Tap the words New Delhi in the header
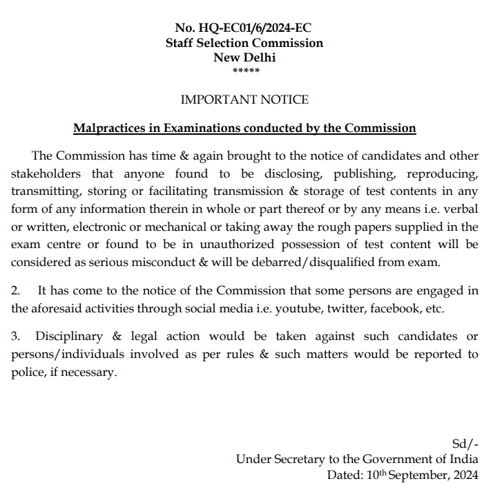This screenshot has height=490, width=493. pos(244,57)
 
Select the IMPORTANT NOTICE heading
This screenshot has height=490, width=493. pos(244,100)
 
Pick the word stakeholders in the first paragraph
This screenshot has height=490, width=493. pos(46,173)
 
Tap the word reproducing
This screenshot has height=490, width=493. pos(443,173)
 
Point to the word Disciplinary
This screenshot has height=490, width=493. pos(68,337)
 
